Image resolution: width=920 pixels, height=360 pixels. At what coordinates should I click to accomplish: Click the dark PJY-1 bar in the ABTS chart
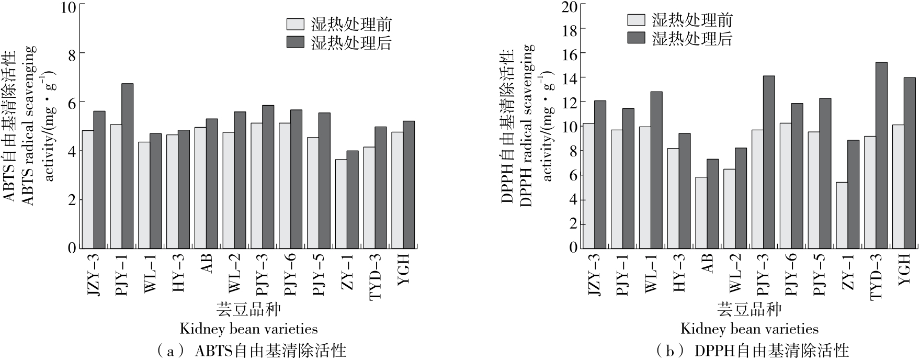[128, 166]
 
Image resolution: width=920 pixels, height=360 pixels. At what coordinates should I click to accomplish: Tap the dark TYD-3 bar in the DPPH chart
[881, 155]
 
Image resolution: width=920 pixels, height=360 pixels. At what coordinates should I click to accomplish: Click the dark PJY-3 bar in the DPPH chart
[769, 162]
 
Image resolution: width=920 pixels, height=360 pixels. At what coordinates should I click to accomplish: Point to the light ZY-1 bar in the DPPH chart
[842, 215]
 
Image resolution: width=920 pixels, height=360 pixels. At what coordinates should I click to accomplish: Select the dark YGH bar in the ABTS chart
[408, 185]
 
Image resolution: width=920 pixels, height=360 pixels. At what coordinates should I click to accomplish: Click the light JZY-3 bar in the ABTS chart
[88, 189]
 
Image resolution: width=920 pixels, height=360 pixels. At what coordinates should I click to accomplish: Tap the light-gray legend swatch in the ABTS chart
[295, 24]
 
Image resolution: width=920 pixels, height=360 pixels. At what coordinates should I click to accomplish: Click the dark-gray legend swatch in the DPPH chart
[637, 38]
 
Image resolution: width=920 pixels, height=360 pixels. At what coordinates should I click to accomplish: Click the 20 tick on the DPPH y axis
[572, 6]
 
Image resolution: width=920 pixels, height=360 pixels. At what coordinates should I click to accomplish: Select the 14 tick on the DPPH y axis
[572, 77]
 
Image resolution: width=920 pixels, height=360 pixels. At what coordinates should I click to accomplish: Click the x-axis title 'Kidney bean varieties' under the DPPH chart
[749, 329]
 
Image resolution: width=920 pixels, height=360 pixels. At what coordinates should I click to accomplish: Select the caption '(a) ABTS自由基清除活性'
[252, 350]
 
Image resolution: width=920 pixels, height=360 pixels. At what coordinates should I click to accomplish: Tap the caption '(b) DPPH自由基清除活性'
[753, 350]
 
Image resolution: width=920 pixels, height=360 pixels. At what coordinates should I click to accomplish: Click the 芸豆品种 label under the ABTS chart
[248, 310]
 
